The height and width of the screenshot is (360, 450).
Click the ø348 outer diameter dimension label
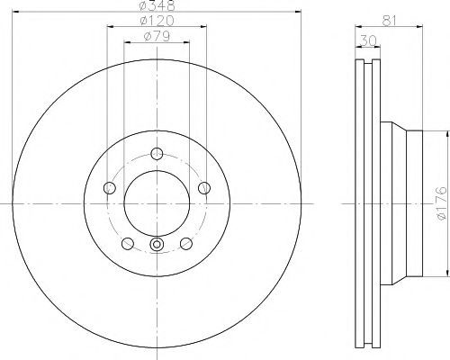(x=157, y=5)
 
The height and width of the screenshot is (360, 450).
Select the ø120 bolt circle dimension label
(x=157, y=21)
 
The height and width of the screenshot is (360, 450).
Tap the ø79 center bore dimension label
(x=157, y=36)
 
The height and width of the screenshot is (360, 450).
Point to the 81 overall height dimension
(x=390, y=21)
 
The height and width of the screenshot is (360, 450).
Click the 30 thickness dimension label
(x=368, y=40)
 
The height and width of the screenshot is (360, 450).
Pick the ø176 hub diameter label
(x=441, y=203)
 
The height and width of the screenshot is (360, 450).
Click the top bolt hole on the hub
(x=157, y=154)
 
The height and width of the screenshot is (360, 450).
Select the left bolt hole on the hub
(x=110, y=188)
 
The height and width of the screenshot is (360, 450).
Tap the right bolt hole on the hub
(x=204, y=188)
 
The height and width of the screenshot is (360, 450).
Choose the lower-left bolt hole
(x=128, y=243)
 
